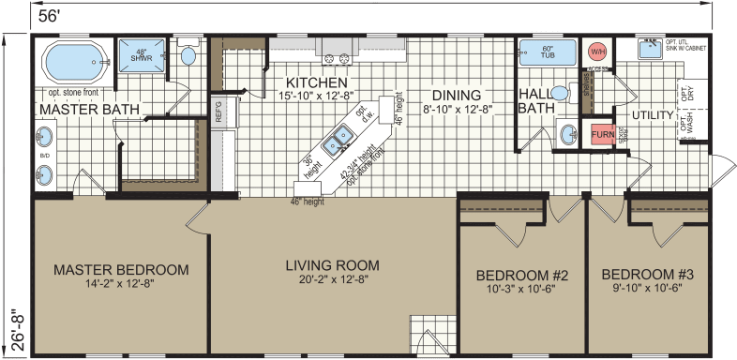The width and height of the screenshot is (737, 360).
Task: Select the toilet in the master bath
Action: click(188, 55)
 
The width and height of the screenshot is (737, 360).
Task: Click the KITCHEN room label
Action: click(299, 82)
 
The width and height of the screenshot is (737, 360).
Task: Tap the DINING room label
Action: click(457, 96)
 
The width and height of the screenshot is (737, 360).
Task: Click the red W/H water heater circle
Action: click(596, 52)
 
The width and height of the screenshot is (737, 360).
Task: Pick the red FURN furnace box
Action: click(602, 135)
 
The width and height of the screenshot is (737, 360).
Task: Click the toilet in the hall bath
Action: click(560, 93)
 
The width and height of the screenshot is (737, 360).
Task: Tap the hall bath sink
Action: click(566, 135)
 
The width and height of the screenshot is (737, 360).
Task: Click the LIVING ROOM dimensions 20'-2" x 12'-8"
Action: click(326, 279)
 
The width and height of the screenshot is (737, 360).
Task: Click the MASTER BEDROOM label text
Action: click(120, 269)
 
